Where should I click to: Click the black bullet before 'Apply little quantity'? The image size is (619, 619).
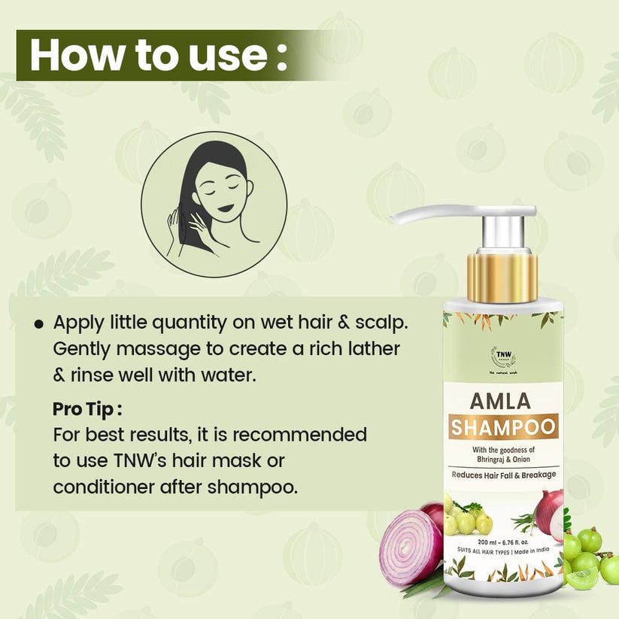tap(38, 323)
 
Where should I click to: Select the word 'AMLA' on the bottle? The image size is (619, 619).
tap(502, 400)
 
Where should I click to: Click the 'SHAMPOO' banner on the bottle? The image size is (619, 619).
tap(503, 427)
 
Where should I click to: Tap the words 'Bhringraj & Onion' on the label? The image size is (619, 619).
tap(503, 458)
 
